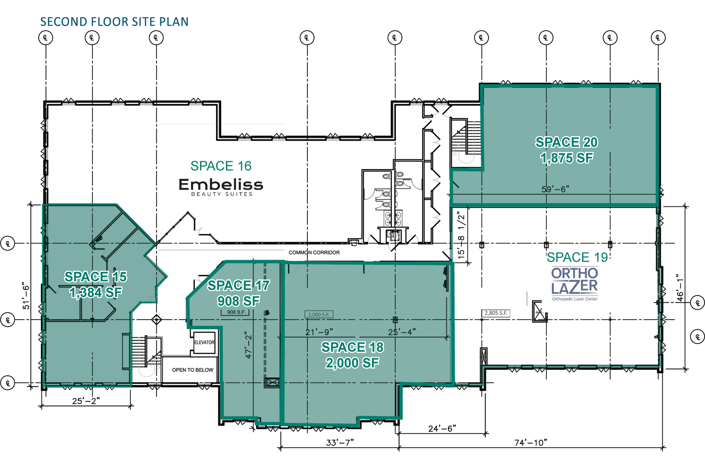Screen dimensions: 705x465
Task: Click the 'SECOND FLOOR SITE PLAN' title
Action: coord(114,22)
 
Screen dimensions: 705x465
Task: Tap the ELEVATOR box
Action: coord(204,342)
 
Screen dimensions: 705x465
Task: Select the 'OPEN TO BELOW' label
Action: coord(192,370)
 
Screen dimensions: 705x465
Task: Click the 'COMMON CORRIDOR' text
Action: coord(314,253)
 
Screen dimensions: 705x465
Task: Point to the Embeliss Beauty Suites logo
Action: coord(221,187)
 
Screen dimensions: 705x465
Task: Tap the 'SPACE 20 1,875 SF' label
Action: coord(567,150)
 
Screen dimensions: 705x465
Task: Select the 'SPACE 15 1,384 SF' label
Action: coord(96,284)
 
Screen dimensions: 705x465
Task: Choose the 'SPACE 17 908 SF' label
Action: coord(239,293)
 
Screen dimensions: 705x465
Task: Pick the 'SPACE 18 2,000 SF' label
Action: coord(352,355)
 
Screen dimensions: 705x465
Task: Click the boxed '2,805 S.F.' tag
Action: coord(496,313)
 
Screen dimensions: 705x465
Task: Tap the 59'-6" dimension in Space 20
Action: coord(555,189)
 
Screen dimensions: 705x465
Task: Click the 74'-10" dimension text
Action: coord(531,442)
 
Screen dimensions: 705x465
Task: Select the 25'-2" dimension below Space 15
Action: coord(86,401)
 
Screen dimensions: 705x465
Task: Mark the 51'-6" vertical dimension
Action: coord(26,296)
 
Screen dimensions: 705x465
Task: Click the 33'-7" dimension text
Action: coord(340,442)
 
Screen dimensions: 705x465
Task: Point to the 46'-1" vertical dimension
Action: coord(680,288)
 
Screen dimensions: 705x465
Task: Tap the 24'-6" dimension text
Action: coord(442,428)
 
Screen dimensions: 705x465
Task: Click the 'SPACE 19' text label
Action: coord(577,257)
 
